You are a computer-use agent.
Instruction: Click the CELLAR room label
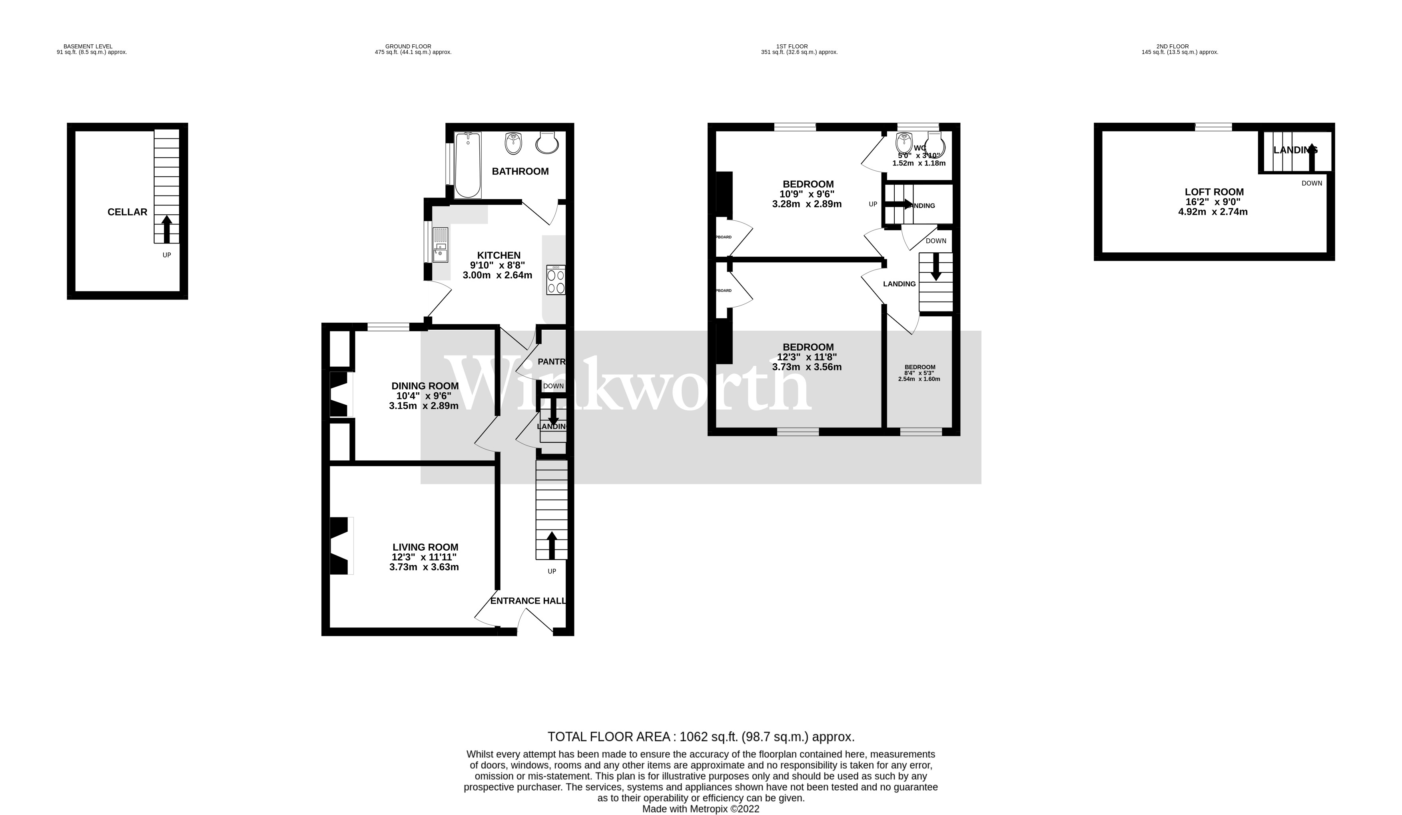coord(128,212)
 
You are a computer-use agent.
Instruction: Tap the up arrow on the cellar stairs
coord(166,229)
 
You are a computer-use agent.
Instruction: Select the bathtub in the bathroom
coord(467,165)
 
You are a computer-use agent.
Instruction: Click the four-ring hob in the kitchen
coord(556,280)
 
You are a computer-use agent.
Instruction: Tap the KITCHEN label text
coord(499,256)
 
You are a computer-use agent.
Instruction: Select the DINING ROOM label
coord(425,386)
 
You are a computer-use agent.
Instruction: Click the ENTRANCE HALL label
coord(528,601)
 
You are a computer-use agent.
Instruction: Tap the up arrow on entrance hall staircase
coord(552,545)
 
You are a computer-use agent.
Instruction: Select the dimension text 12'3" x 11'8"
coord(807,357)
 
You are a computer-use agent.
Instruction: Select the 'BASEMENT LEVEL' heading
coord(88,47)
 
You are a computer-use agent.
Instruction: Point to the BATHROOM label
coord(520,172)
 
